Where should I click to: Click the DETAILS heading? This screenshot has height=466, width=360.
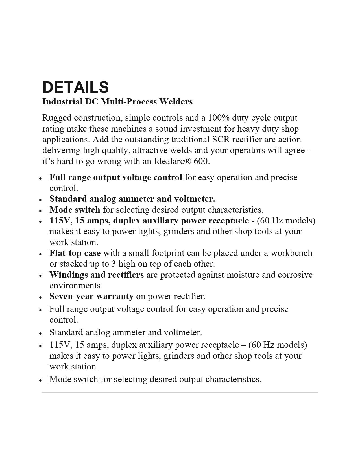pos(75,87)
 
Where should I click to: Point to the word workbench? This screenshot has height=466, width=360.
pos(291,253)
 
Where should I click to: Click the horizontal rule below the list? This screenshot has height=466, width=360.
pos(180,392)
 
